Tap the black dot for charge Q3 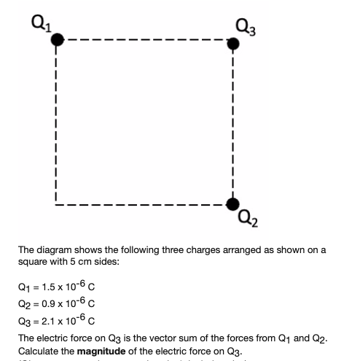pos(232,44)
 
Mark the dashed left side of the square pos(57,120)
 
